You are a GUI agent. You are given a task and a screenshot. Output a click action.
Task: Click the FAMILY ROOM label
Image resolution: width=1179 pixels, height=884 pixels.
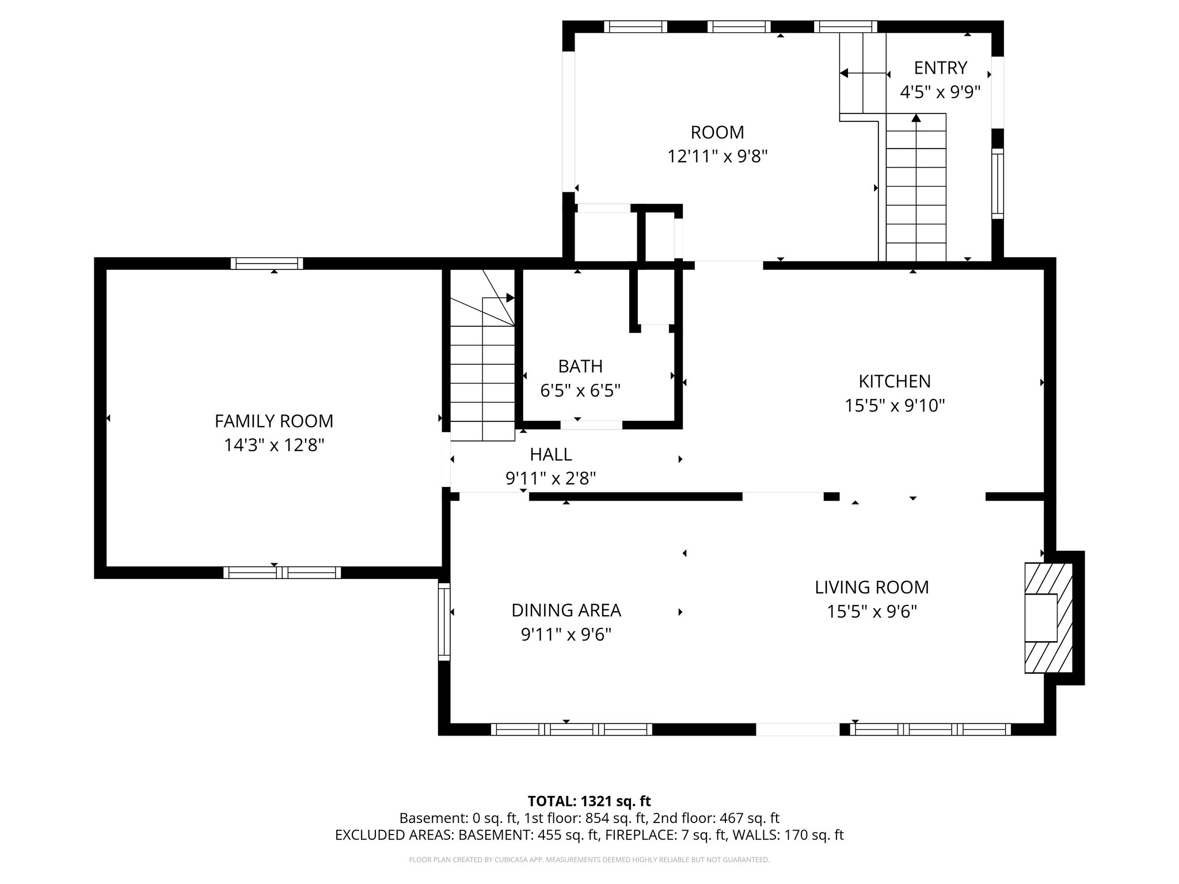point(274,421)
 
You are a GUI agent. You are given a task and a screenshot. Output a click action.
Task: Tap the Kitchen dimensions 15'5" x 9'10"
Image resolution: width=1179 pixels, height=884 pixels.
point(895,406)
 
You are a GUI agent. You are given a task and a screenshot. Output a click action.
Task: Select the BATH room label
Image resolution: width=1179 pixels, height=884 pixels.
point(580,366)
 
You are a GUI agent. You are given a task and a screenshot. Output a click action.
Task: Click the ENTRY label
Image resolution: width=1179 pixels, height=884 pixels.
point(940,68)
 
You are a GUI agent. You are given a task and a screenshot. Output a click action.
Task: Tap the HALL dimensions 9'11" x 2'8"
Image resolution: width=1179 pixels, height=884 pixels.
point(550,479)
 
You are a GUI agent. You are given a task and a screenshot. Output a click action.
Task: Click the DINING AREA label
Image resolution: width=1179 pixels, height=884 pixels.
point(566,610)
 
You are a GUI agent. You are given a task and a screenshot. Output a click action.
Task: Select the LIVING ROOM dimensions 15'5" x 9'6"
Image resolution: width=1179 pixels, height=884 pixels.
point(872,612)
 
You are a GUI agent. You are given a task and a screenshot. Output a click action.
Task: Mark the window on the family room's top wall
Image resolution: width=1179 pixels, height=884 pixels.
point(267,264)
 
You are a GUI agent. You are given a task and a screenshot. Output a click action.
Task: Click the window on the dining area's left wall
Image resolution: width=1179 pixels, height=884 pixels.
point(444,622)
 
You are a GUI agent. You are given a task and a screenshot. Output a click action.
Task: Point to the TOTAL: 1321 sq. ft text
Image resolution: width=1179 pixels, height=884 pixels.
point(589,801)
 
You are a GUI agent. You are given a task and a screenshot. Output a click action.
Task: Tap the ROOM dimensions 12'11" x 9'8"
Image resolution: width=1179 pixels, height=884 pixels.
point(717,157)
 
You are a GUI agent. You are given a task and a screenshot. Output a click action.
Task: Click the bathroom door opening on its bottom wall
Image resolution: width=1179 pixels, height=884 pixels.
point(591,425)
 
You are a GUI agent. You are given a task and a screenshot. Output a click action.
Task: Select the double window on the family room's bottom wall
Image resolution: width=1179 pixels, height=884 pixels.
point(282,573)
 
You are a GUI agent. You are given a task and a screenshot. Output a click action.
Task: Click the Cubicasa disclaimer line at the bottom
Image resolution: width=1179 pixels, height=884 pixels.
point(589,860)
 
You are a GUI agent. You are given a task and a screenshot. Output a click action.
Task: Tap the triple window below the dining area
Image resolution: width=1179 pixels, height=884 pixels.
point(571,729)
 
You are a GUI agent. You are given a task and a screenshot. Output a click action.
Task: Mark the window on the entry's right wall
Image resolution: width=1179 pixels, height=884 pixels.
point(998,184)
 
